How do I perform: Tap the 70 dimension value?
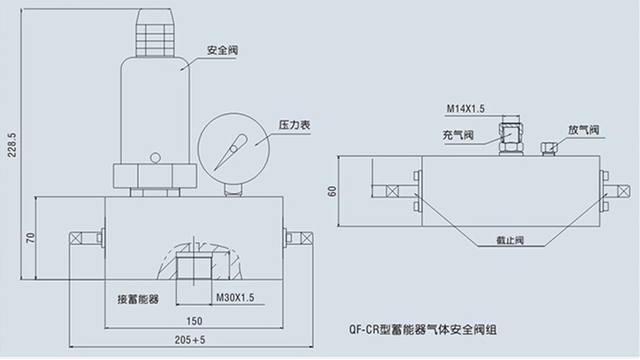coord(30,237)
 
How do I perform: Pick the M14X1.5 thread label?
coord(466,108)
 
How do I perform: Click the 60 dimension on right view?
coord(332,191)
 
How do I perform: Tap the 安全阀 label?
coord(222,51)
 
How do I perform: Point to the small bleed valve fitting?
coord(547,146)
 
